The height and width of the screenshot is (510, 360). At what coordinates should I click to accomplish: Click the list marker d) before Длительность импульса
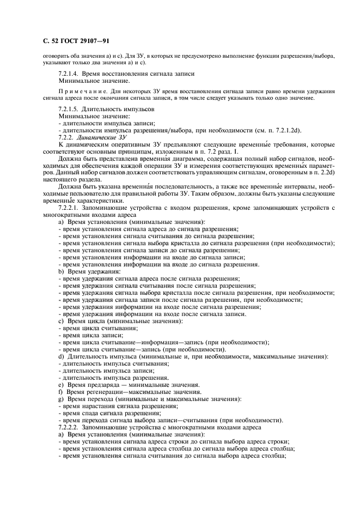(62, 357)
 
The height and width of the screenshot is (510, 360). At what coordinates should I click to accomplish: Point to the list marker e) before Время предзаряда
(61, 385)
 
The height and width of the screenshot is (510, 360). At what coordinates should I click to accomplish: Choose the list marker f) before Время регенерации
(61, 392)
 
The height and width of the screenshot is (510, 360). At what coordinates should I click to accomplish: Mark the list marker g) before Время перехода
(61, 399)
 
